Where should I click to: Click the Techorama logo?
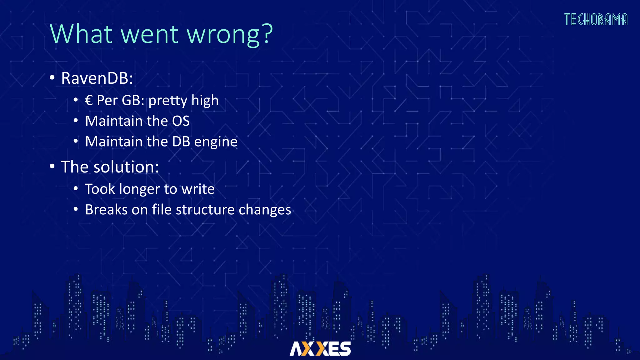coord(596,19)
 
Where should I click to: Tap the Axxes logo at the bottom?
coord(320,348)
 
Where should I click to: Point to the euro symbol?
coord(89,101)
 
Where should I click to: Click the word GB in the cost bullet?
coord(131,101)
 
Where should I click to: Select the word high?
coord(205,101)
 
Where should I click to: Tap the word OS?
coord(181,121)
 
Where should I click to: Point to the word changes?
coord(265,210)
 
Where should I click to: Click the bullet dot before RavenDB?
coord(52,77)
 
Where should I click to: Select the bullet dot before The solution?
coord(52,166)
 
